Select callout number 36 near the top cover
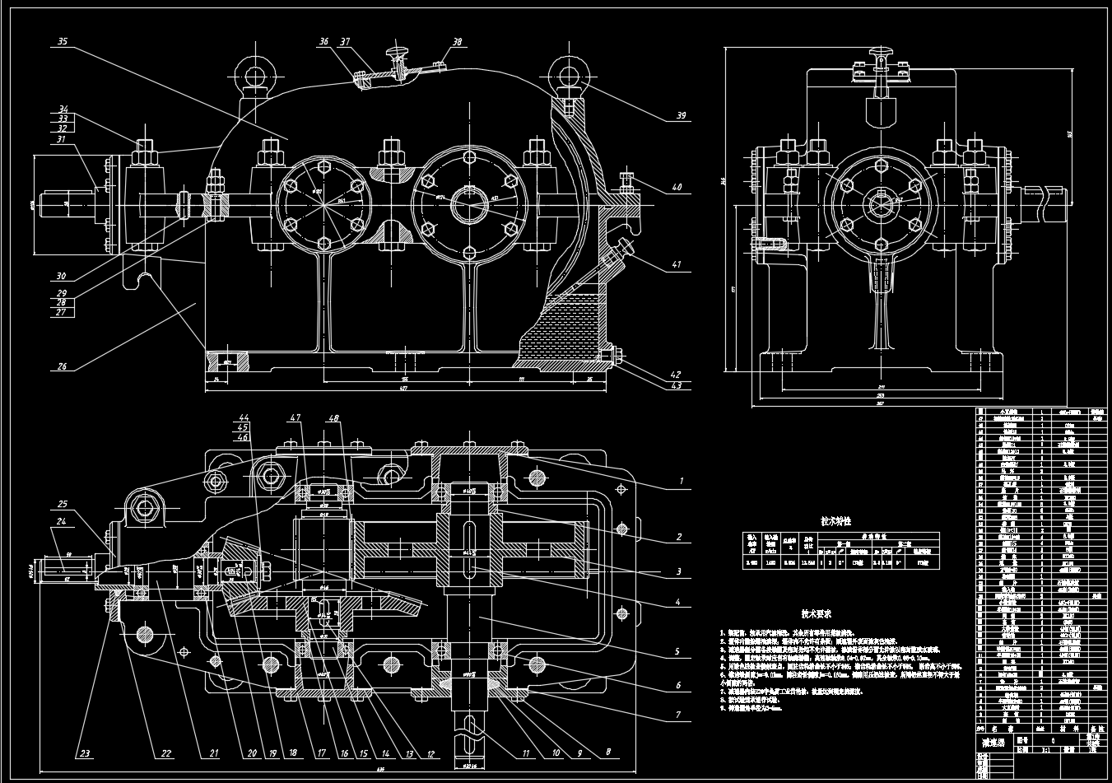[x=323, y=41]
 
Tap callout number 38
[x=457, y=41]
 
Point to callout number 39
[x=681, y=116]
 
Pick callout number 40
[x=677, y=188]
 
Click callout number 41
[x=677, y=265]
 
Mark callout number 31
[x=60, y=139]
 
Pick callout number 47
[x=294, y=418]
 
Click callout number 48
[x=334, y=418]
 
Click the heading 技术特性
[x=835, y=521]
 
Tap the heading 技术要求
[x=817, y=614]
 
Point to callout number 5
[x=677, y=651]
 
